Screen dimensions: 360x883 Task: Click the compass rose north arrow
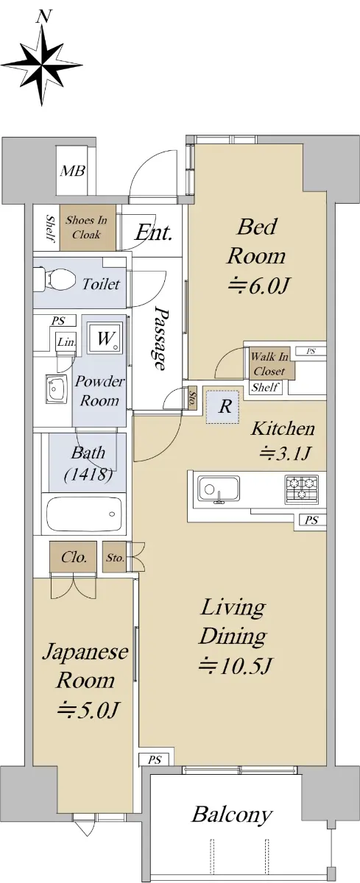(42, 64)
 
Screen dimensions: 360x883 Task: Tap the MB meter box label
(73, 171)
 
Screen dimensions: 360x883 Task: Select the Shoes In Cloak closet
(88, 227)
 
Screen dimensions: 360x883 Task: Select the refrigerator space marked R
(223, 407)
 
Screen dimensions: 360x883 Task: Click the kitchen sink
(219, 489)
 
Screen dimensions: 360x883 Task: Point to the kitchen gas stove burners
(302, 489)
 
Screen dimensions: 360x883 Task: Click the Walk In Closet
(269, 364)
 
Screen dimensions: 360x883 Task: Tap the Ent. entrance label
(153, 233)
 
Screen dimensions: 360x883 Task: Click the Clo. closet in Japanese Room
(73, 557)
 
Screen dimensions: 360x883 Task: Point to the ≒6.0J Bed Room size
(259, 286)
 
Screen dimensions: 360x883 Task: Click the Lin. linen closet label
(66, 342)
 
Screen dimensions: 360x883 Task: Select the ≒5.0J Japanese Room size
(88, 710)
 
